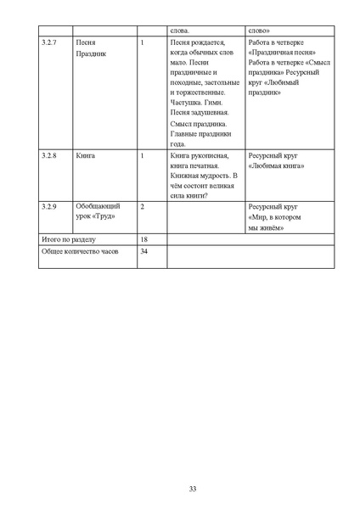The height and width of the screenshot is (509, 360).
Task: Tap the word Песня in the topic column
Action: coord(86,42)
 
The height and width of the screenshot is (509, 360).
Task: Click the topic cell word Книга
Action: coord(85,157)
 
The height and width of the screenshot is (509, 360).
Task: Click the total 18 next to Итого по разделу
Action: coord(144,240)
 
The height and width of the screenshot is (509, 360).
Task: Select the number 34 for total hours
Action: coord(144,253)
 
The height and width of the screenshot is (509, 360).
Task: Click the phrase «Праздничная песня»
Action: coord(277,52)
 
